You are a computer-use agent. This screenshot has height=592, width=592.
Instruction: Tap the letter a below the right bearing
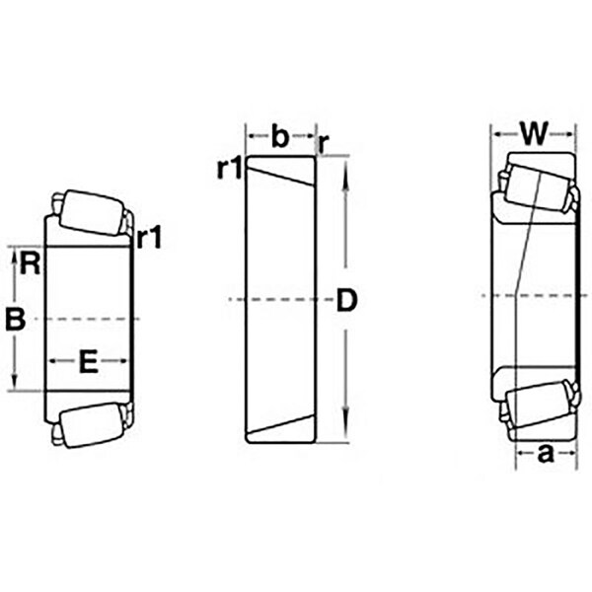tap(544, 454)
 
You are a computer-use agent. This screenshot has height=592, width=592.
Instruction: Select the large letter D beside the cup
tap(345, 300)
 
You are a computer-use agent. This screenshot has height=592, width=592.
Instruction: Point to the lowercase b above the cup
tap(280, 137)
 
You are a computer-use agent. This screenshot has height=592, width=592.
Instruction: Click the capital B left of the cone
tap(14, 319)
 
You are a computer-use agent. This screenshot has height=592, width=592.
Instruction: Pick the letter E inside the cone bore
tap(89, 362)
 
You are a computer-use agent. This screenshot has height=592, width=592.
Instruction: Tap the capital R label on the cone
tap(31, 263)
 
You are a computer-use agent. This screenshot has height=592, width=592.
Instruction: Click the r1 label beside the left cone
tap(151, 238)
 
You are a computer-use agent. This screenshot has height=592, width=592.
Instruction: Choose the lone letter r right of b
tap(324, 143)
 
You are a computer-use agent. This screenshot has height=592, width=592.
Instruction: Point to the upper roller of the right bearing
tap(538, 182)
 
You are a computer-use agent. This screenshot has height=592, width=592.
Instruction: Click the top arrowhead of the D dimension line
tap(345, 169)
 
